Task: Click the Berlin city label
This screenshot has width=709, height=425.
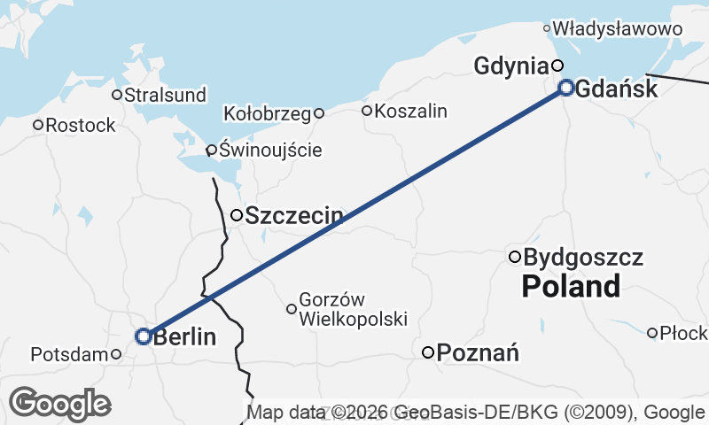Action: click(x=185, y=336)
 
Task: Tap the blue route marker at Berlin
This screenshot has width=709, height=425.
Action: click(x=143, y=336)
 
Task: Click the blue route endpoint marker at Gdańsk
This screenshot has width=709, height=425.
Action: click(x=566, y=87)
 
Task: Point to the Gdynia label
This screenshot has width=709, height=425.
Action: click(x=511, y=66)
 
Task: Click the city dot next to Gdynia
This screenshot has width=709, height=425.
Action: click(x=557, y=65)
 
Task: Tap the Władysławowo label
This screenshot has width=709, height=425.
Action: click(x=618, y=29)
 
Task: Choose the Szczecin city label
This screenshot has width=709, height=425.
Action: click(x=294, y=215)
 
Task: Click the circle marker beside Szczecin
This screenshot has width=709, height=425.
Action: click(x=237, y=215)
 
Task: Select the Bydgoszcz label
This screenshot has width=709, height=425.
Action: click(x=583, y=258)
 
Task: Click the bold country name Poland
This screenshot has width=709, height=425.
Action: click(x=571, y=287)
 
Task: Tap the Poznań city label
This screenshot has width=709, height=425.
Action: click(x=478, y=353)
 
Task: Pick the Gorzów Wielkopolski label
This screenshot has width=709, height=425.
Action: click(x=353, y=309)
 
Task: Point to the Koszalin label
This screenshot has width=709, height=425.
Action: click(x=411, y=111)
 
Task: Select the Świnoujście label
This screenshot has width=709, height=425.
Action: click(x=270, y=150)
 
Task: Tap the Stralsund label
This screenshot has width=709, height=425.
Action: click(x=166, y=95)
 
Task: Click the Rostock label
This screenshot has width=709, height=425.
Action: click(x=81, y=126)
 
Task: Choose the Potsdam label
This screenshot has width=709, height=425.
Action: click(x=69, y=354)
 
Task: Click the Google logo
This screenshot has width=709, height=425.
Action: click(x=59, y=404)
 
